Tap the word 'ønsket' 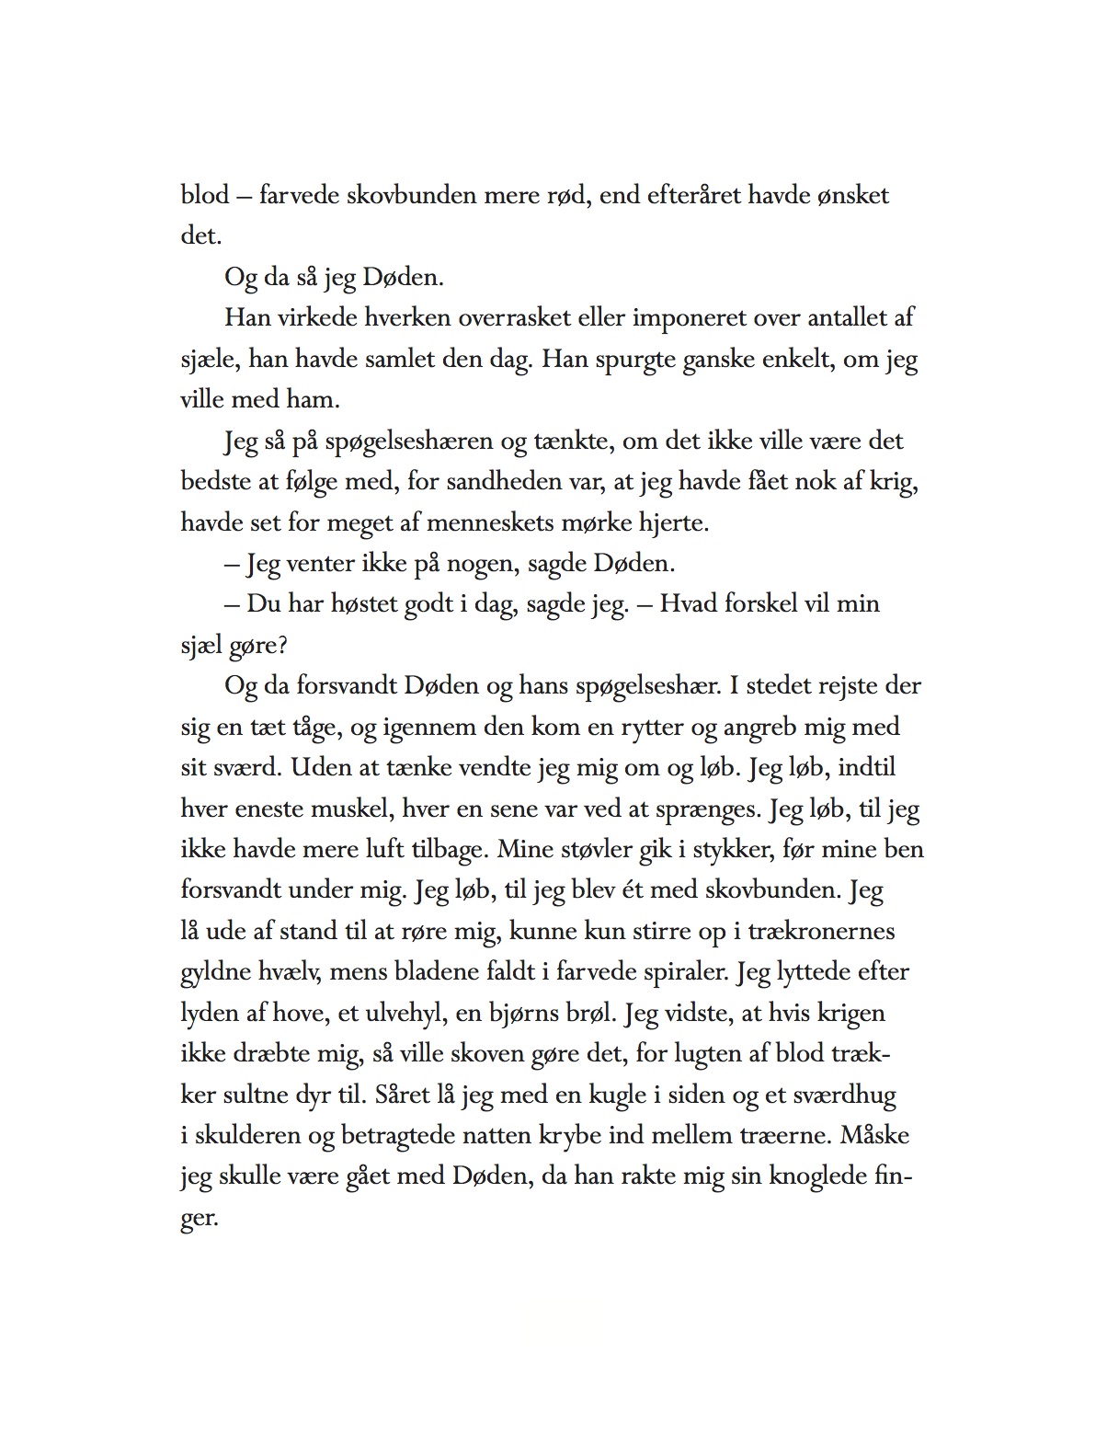[x=852, y=195]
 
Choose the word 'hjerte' [x=668, y=522]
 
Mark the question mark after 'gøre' [x=282, y=646]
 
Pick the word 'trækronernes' [x=821, y=931]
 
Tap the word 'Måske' [x=874, y=1135]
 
